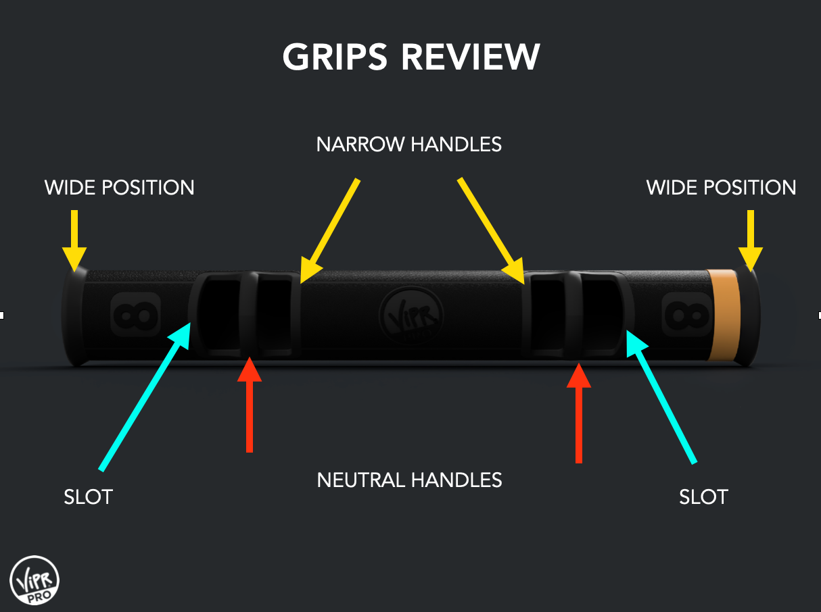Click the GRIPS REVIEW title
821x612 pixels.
click(410, 57)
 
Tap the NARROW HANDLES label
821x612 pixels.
click(409, 144)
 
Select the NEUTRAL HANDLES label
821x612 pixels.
click(409, 480)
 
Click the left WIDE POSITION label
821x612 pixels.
click(119, 187)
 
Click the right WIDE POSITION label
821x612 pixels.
click(721, 187)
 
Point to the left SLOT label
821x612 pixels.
click(88, 497)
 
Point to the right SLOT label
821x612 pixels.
click(703, 497)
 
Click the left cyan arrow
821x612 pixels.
click(145, 395)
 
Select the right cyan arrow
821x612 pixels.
click(661, 395)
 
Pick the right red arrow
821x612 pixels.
click(578, 412)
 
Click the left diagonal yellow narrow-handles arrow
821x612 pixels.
click(329, 230)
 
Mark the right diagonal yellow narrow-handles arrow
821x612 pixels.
click(491, 230)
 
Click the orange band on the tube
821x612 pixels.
click(723, 315)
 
